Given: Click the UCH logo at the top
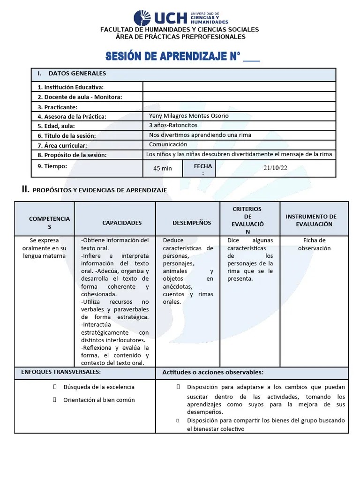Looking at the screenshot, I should [180, 18].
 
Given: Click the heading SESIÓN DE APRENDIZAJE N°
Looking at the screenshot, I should [182, 57].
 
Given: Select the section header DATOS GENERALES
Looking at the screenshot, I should [77, 74].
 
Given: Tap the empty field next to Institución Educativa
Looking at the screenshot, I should [239, 87].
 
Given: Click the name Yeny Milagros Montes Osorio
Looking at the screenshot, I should [188, 116].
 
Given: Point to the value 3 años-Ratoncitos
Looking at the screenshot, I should [173, 125].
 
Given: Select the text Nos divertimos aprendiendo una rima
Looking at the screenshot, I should [200, 135].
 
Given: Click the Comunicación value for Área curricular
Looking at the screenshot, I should [168, 144].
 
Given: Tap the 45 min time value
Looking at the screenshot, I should [163, 168].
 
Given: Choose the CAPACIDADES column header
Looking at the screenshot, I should [122, 223].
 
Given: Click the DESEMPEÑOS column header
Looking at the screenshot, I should [192, 223].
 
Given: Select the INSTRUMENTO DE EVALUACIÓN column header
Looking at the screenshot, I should [314, 220].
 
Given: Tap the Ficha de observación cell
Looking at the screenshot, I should [314, 244].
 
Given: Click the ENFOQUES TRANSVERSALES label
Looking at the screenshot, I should [61, 372].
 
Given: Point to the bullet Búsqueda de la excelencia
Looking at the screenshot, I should [99, 387].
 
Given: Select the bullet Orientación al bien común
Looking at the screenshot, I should [99, 400].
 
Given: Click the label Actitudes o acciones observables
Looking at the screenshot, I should [213, 373].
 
